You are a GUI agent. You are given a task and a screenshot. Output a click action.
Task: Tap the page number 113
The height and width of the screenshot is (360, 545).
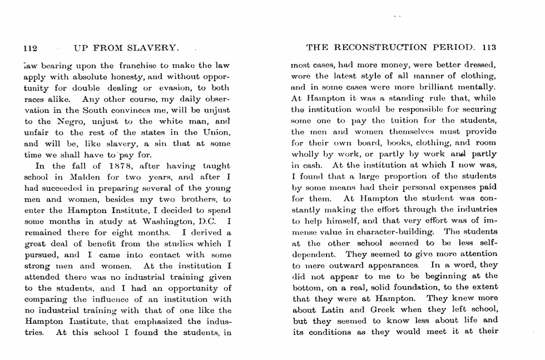coord(489,47)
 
